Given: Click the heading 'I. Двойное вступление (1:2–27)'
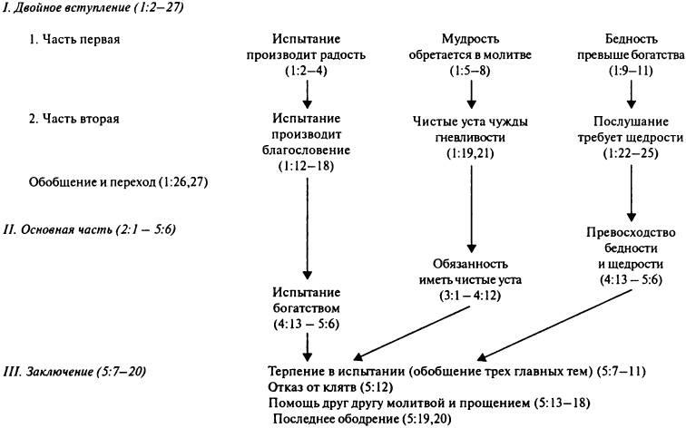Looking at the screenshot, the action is click(93, 8).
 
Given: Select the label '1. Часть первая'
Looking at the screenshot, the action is click(74, 39).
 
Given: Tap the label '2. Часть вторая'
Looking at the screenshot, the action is click(73, 119).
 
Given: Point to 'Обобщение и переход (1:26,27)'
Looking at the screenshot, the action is click(118, 182).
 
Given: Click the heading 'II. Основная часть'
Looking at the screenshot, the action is click(58, 229).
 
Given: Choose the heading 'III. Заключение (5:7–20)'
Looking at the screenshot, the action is click(74, 372).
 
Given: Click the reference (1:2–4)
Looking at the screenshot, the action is click(307, 71).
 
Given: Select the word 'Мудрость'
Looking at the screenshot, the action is click(470, 39).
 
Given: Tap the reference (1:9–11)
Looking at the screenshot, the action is click(631, 71).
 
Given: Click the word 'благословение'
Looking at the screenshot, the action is click(307, 151).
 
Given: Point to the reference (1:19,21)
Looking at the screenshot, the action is click(470, 153).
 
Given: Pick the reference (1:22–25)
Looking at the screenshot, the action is click(631, 153).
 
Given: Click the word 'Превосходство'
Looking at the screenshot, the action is click(631, 232).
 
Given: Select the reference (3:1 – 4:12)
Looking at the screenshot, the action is click(470, 296).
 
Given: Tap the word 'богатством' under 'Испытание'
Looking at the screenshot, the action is click(307, 308).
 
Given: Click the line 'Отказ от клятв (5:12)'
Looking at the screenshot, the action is click(330, 387).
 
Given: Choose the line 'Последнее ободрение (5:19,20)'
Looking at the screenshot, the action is click(362, 419).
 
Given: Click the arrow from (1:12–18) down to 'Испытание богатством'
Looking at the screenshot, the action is click(307, 229).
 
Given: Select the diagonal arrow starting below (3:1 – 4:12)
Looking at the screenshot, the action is click(412, 333).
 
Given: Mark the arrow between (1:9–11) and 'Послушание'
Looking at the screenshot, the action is click(631, 94).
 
